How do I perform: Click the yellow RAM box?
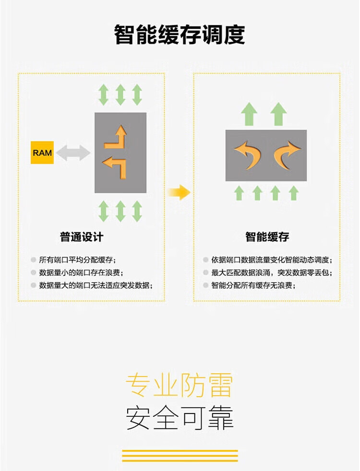[x=42, y=153]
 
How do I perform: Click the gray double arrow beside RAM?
[x=73, y=153]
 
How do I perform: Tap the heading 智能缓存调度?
[x=180, y=35]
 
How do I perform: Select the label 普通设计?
[x=82, y=237]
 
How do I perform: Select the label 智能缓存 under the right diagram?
[x=267, y=237]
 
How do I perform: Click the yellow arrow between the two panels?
[x=180, y=192]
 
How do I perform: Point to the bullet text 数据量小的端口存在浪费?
[x=81, y=272]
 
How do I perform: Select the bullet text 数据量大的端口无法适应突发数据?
[x=96, y=285]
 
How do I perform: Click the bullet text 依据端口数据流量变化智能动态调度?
[x=271, y=260]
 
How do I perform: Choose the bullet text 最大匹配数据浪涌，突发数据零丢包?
[x=271, y=272]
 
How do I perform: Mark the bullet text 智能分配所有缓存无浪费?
[x=253, y=285]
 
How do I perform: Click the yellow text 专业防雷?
[x=179, y=386]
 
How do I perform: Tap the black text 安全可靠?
[x=180, y=418]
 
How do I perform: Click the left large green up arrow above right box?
[x=249, y=114]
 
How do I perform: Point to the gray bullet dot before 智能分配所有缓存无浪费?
[x=205, y=285]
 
